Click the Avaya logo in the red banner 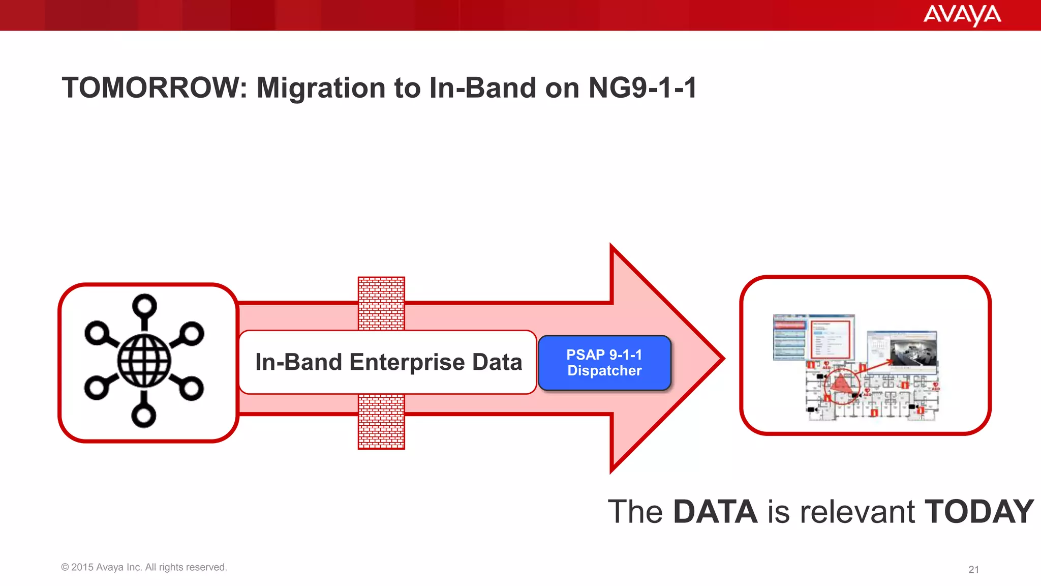coord(962,15)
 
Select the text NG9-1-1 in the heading coord(642,87)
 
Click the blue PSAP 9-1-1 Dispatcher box coord(604,363)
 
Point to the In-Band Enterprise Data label coord(388,362)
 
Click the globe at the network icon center coord(144,361)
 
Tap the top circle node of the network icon coord(144,306)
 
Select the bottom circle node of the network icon coord(144,416)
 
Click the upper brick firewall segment coord(381,303)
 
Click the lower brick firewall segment coord(381,421)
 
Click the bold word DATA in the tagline coord(715,511)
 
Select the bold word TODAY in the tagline coord(978,511)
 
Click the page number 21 coord(973,569)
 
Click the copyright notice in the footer coord(144,567)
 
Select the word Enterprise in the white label coord(407,362)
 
